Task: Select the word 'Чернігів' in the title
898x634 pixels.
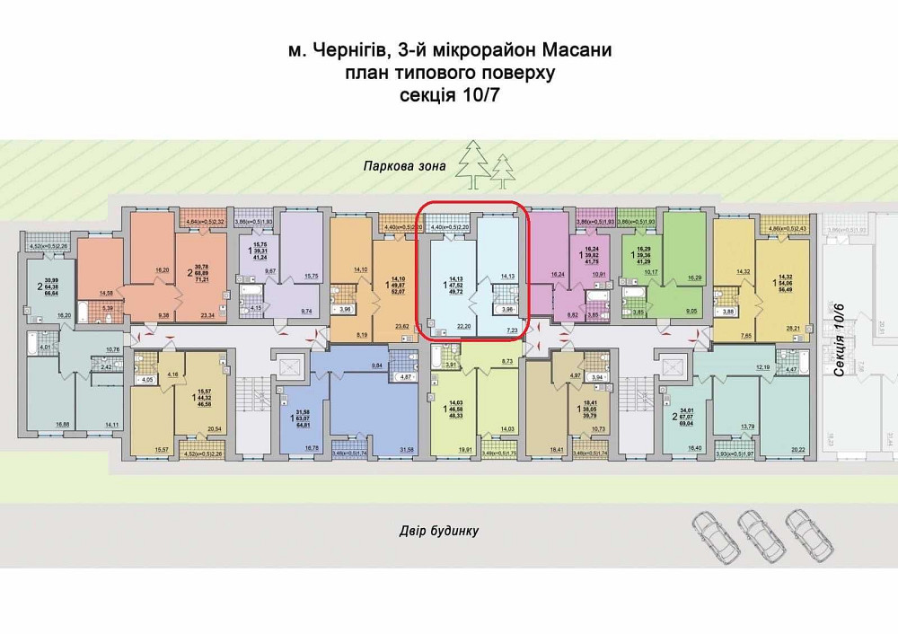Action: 362,53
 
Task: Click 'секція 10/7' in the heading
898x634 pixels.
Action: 450,96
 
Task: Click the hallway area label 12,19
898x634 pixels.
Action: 762,368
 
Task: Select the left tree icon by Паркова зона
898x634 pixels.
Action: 470,164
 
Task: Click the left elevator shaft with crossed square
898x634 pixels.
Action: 291,370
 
